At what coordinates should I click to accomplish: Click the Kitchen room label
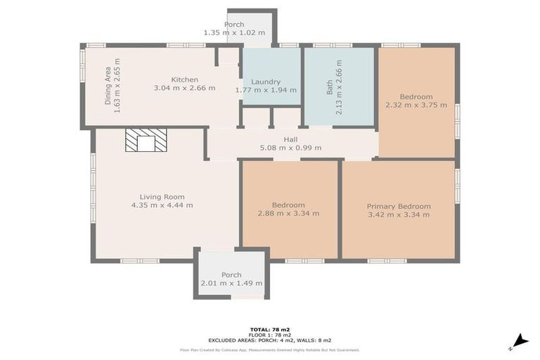coord(185,79)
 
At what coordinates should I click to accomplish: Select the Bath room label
coord(330,87)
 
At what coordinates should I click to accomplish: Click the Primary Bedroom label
coord(399,206)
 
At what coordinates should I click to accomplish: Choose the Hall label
coord(290,139)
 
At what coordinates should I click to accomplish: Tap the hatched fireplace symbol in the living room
coord(146,141)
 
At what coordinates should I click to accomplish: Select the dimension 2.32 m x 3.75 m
coord(416,105)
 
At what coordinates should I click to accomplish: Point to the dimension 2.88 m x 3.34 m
coord(288,214)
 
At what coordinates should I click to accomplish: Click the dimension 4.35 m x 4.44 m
coord(162,205)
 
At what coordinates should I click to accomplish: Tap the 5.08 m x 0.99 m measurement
coord(290,148)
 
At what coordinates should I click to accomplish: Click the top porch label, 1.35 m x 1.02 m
coord(234,32)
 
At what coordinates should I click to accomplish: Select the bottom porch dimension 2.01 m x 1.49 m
coord(231,283)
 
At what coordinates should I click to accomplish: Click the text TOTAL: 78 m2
coord(270,329)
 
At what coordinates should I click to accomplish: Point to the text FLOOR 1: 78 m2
coord(270,335)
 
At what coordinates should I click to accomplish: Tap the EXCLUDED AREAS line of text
coord(270,340)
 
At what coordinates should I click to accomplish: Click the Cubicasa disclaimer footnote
coord(270,349)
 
